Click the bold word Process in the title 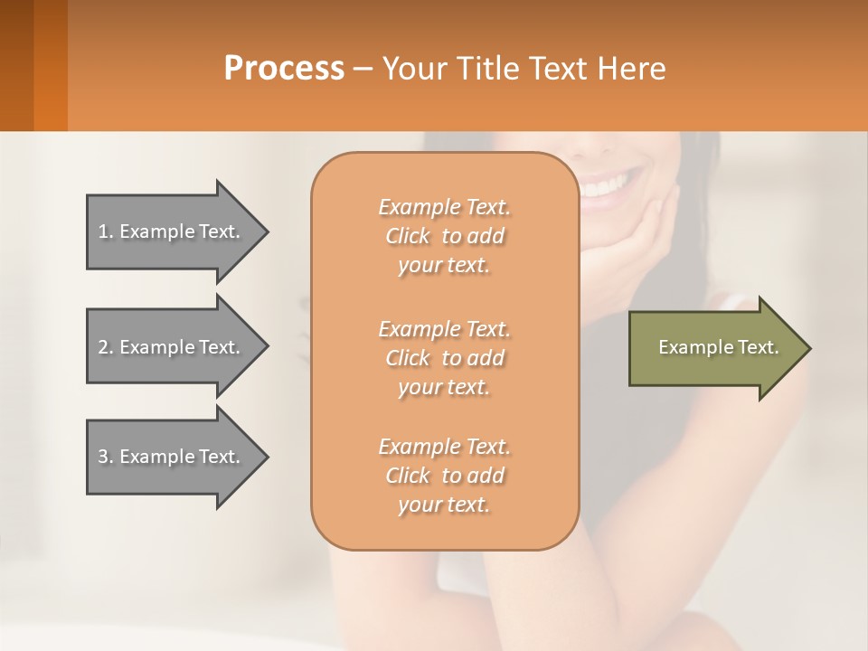[x=284, y=69]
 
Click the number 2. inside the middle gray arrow [x=107, y=347]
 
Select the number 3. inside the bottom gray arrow [x=107, y=457]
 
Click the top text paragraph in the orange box [x=444, y=236]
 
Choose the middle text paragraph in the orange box [x=444, y=358]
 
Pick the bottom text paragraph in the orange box [x=444, y=476]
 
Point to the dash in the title [x=363, y=69]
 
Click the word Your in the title [x=412, y=69]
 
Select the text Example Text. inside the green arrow [x=719, y=347]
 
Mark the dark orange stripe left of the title [x=50, y=65]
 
